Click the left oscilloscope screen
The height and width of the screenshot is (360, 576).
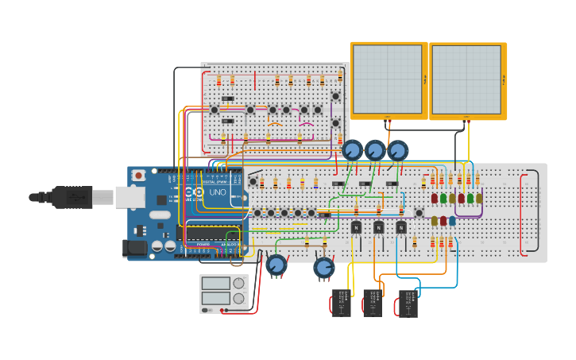[x=388, y=79]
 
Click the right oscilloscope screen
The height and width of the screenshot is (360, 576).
[x=466, y=79]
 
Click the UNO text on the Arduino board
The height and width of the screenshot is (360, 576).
[x=217, y=192]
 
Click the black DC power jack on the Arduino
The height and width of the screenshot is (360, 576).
[x=136, y=249]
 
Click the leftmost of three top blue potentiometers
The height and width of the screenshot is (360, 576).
[x=352, y=149]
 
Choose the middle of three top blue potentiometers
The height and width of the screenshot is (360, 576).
[x=375, y=149]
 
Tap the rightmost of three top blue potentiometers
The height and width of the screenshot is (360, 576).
[x=397, y=149]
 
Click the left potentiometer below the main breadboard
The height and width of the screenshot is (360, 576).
[x=276, y=265]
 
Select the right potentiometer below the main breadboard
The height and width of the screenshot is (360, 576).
[x=323, y=268]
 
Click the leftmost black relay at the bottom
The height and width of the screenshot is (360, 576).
[x=341, y=303]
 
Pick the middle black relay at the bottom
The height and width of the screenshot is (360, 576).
[x=373, y=303]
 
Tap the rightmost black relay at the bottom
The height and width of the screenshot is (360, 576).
[x=408, y=303]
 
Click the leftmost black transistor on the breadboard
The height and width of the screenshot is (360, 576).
[x=356, y=227]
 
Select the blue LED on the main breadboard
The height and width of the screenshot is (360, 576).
[x=452, y=221]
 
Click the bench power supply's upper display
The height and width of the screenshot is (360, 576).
[x=215, y=283]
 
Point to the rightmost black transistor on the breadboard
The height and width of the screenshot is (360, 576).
[x=402, y=227]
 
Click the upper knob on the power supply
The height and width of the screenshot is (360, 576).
[x=238, y=283]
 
